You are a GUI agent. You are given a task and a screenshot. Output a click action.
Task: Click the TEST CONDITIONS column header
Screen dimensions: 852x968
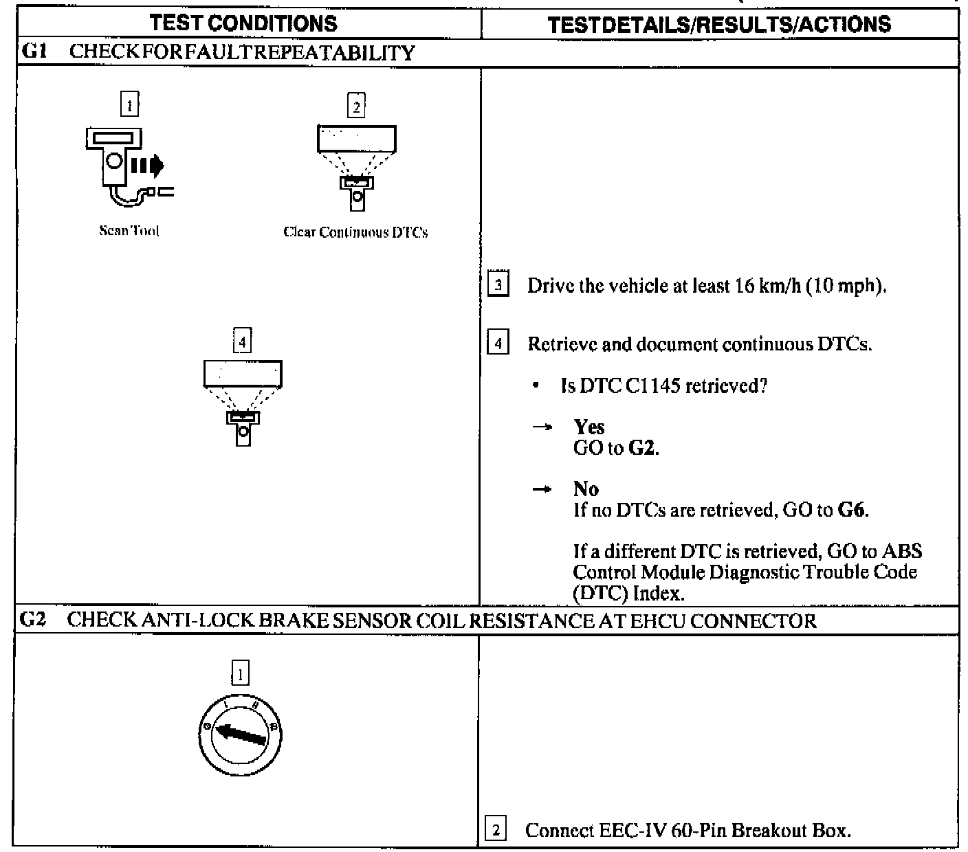coord(244,23)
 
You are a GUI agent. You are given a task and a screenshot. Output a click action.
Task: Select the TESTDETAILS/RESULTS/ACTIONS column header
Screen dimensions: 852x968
coord(719,25)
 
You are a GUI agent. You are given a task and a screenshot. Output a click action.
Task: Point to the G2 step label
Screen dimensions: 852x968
coord(32,620)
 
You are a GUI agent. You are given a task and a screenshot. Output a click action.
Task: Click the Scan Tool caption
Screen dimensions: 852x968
coord(129,231)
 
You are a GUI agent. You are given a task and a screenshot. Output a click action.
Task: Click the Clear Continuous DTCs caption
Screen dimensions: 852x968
coord(355,232)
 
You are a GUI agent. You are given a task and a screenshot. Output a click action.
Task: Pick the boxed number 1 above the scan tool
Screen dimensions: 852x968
coord(129,105)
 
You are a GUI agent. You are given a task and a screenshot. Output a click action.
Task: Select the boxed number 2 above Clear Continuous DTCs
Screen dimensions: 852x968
coord(355,106)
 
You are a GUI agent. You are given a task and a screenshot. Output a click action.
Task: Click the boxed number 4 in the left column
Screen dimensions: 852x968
coord(242,341)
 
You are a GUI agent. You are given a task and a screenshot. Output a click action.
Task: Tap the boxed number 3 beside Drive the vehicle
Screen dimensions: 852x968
coord(498,285)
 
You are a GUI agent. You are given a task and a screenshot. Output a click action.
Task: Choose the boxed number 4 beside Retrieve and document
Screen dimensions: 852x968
coord(498,343)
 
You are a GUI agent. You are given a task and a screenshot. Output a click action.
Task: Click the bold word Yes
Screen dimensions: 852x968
coord(589,427)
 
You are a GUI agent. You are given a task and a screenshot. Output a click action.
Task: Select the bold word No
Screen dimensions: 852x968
coord(586,489)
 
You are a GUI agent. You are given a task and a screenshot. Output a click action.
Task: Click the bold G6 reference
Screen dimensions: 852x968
coord(852,511)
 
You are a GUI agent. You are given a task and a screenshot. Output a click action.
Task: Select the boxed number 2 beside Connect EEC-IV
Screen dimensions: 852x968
coord(496,830)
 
